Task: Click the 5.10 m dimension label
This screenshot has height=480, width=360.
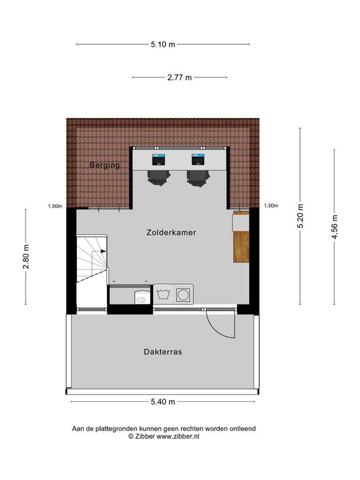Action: pos(163,44)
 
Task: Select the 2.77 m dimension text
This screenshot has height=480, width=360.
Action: pos(179,77)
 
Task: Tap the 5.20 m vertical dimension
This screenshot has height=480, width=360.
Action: pos(300,216)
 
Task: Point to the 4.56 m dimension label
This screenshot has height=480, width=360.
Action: pos(334,227)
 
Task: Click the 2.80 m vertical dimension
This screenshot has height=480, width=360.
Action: pos(26,256)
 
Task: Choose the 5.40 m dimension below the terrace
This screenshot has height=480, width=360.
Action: pos(163,402)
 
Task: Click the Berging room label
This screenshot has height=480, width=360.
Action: pos(105,165)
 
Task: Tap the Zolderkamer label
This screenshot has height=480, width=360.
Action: pos(171,232)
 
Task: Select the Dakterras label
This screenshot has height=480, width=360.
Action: pos(163,352)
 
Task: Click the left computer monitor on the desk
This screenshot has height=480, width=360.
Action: pos(159,159)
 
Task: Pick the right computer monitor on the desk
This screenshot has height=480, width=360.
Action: pos(198,159)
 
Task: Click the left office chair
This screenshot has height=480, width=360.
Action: pos(159,177)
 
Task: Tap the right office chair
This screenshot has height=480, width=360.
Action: pos(198,177)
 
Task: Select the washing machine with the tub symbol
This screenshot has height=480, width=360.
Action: pos(163,294)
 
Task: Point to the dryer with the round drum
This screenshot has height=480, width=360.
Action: pos(184,294)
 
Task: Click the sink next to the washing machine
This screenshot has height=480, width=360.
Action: pos(142,297)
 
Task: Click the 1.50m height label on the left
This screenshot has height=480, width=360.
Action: pos(55,206)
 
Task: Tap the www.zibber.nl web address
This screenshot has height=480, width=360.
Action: pos(178,436)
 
